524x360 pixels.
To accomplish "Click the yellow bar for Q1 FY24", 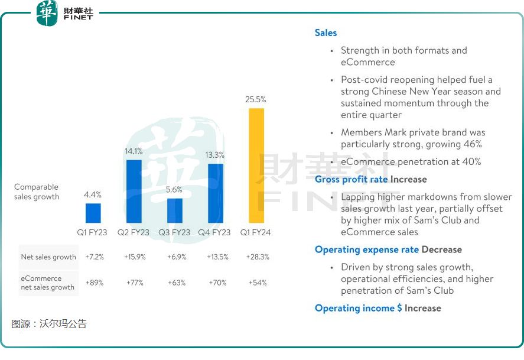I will pos(256,166).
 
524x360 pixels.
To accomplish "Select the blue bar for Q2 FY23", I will pos(134,191).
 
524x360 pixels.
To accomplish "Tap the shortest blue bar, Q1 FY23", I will pos(93,213).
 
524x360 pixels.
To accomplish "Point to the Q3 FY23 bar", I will pos(174,210).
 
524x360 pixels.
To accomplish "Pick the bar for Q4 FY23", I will pos(216,193).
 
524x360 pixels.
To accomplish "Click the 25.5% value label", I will pos(256,99).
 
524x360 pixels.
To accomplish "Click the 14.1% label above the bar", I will pos(134,151).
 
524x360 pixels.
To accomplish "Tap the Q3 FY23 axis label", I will pos(174,233).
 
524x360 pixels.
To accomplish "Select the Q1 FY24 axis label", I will pos(256,233).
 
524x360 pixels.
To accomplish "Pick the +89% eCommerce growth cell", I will pos(95,283).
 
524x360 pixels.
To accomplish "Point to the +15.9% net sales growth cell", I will pos(135,257).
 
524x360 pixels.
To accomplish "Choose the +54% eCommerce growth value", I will pos(256,283).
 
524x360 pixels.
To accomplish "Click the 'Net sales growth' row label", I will pos(48,257).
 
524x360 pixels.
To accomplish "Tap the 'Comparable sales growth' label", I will pos(37,192).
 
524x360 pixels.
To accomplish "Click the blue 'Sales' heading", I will pos(326,33).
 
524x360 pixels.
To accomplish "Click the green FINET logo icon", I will pos(47,13).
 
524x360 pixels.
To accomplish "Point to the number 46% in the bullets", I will pos(473,144).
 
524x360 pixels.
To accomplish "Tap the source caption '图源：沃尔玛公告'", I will pos(49,324).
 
